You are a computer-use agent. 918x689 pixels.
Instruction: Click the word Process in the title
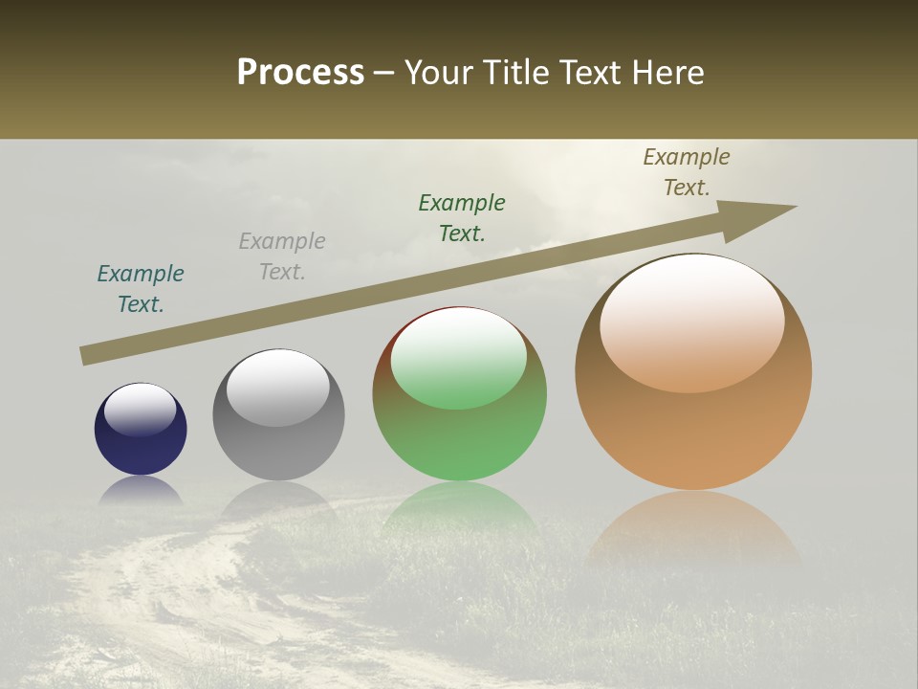pos(300,73)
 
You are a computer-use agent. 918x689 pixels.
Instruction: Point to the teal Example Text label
pos(141,289)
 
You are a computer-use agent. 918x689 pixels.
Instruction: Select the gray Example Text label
pos(282,256)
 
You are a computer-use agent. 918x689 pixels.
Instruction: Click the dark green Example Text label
pos(462,218)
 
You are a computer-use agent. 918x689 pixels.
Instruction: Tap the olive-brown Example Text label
pos(687,172)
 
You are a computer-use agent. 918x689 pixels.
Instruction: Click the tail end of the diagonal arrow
pos(86,356)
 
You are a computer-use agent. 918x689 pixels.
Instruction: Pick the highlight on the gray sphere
pos(278,387)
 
